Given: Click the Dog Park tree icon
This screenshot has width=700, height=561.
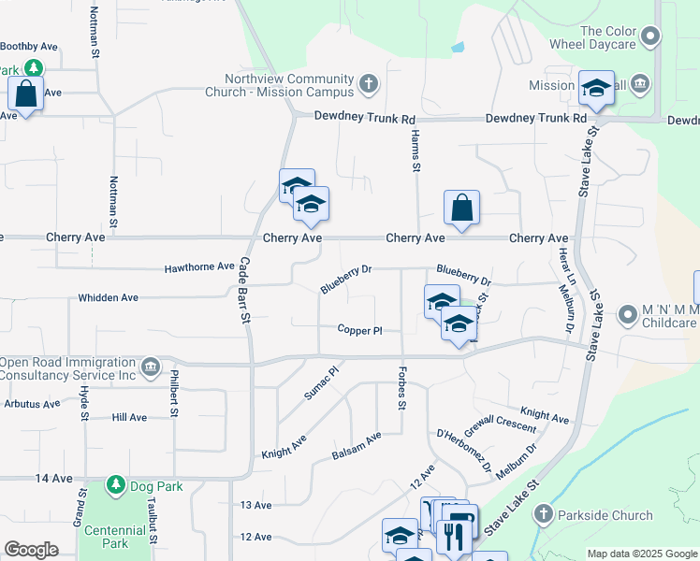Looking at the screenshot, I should [x=116, y=485].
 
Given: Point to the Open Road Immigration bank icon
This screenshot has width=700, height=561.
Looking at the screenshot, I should [x=151, y=365].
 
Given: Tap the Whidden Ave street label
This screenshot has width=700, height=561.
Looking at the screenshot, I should [x=108, y=297].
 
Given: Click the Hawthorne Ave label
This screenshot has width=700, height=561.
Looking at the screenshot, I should [x=199, y=266].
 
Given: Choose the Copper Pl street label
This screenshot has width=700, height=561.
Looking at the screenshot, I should [x=360, y=330].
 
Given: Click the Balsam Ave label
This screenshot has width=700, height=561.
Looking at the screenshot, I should [x=357, y=446].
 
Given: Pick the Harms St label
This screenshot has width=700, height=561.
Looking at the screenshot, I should [x=414, y=151].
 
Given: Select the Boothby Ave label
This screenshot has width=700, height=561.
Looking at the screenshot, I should [x=29, y=46].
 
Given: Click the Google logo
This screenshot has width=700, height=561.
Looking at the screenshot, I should [x=32, y=550].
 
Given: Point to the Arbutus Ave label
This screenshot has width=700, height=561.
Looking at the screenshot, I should [x=32, y=404].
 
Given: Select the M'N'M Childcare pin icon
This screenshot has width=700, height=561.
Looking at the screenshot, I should [x=626, y=315].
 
